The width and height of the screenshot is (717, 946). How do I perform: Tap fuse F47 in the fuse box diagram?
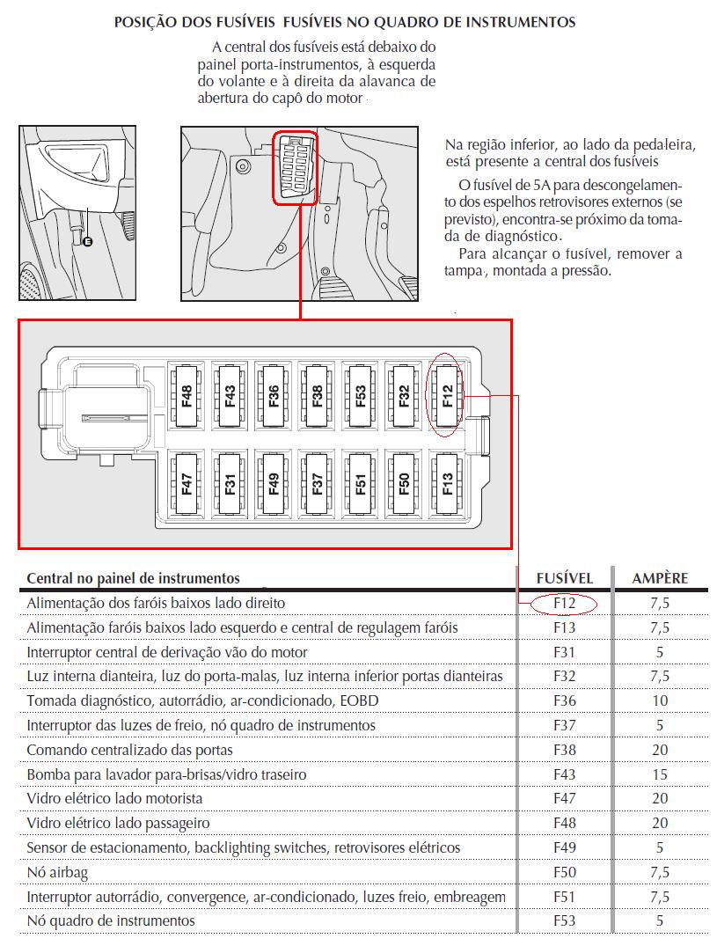coord(187,483)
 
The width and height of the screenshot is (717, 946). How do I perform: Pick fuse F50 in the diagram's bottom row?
coord(404,483)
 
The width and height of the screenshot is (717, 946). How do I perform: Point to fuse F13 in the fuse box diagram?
coord(447,483)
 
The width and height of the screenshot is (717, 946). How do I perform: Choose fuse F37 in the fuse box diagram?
coord(317,483)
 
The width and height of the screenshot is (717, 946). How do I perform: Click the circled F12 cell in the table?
coord(564,604)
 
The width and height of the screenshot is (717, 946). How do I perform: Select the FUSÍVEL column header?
coord(565,578)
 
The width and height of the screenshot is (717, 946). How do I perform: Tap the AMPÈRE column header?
coord(660,578)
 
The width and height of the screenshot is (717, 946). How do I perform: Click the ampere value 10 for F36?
coord(660,701)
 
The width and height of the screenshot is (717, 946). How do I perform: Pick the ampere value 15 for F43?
coord(660,774)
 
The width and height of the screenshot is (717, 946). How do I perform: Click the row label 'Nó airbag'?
coord(58,872)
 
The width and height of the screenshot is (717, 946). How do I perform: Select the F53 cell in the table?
coord(565,920)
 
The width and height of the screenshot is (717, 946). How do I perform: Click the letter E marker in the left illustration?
coord(86,241)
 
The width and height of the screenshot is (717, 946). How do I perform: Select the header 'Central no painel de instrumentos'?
coord(133,578)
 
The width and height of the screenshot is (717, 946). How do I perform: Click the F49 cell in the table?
coord(565,847)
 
